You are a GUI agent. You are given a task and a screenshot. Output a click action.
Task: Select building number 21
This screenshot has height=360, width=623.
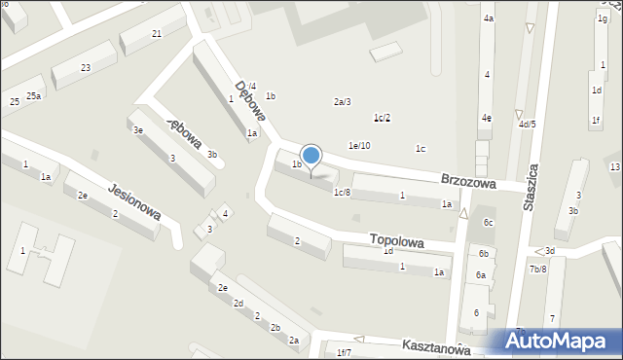(x=157, y=34)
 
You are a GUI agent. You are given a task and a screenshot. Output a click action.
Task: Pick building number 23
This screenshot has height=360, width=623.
(x=86, y=67)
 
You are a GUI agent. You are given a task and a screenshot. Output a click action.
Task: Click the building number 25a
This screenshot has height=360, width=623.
(x=33, y=95)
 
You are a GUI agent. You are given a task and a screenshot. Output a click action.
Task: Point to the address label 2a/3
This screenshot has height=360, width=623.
(x=342, y=102)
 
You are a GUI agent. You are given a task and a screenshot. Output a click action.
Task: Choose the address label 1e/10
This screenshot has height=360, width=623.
(x=359, y=146)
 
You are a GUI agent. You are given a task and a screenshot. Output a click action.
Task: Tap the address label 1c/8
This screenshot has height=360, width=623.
(x=342, y=193)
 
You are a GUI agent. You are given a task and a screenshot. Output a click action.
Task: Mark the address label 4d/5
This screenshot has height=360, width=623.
(x=527, y=125)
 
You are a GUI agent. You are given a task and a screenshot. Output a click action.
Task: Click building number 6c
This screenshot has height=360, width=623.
(x=489, y=223)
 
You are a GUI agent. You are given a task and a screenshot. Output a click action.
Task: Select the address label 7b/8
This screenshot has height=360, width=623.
(x=537, y=269)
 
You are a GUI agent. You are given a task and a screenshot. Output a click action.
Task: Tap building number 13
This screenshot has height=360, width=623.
(x=615, y=167)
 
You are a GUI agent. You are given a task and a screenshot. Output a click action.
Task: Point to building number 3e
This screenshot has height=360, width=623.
(x=138, y=129)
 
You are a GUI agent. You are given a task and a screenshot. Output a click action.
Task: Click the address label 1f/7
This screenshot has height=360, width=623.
(x=343, y=352)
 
